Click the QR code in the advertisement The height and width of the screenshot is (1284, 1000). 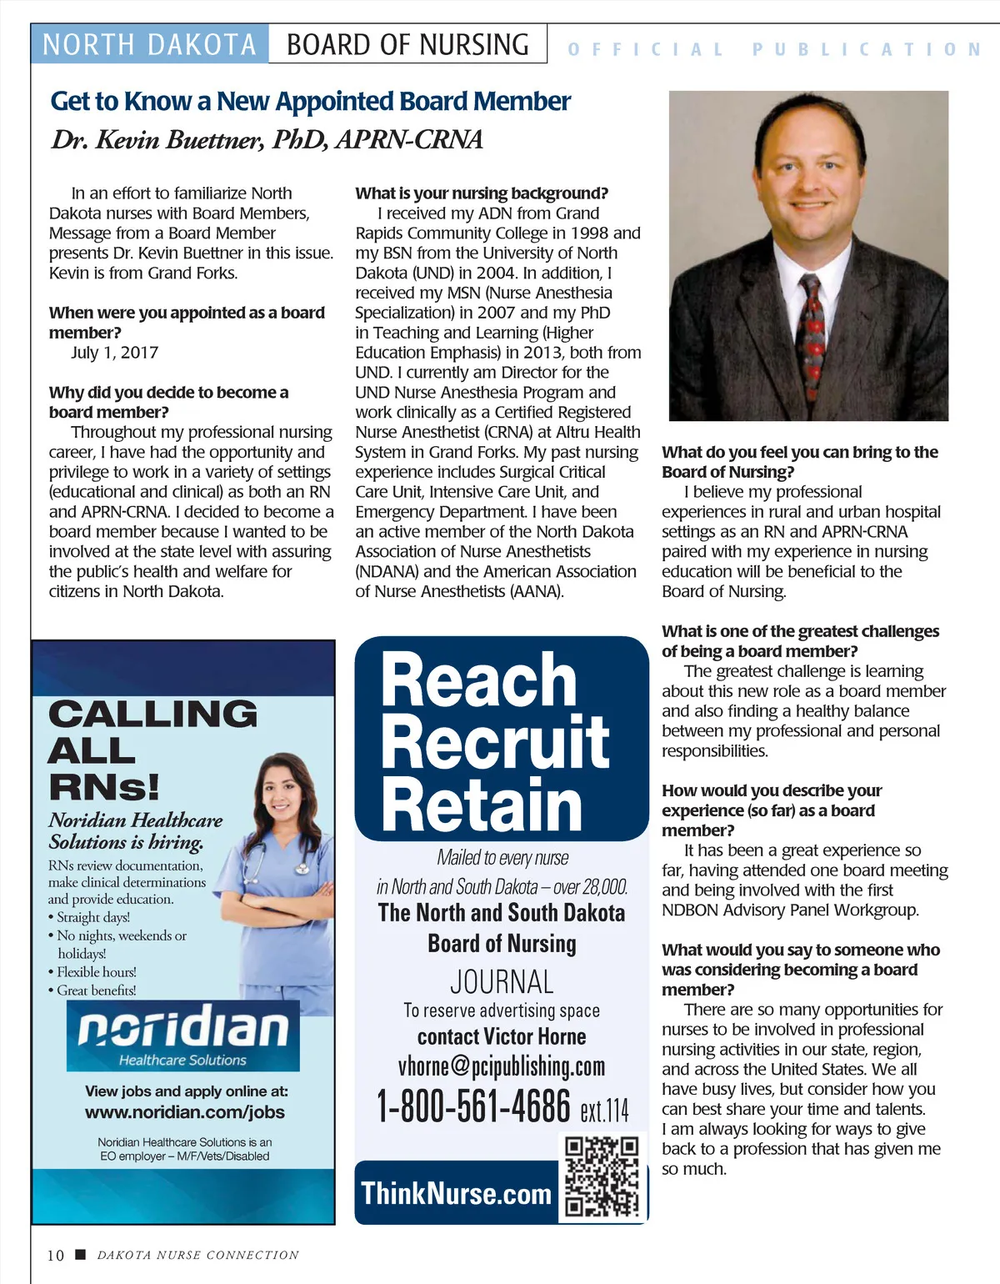pos(601,1176)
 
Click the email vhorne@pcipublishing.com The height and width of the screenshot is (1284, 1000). pos(502,1066)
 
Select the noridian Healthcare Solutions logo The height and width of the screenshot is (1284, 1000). pos(183,1035)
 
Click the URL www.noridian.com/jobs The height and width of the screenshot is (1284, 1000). pos(185,1112)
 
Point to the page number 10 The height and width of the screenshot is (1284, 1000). pos(56,1255)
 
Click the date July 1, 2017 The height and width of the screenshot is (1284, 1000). pos(115,353)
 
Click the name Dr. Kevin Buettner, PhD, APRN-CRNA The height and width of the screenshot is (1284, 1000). pos(267,139)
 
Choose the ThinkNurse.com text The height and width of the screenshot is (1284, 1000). pos(457,1193)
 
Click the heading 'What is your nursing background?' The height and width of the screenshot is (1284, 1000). pos(482,193)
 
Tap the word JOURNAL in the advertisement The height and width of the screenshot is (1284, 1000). pos(502,981)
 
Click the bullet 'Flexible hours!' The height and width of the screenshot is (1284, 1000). pos(97,972)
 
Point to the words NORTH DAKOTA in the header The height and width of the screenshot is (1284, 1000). pos(149,44)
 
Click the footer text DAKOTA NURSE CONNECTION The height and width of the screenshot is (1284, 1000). pos(197,1255)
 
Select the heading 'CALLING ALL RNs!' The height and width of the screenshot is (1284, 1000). pos(152,750)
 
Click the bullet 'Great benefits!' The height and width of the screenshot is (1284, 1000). pos(97,991)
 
